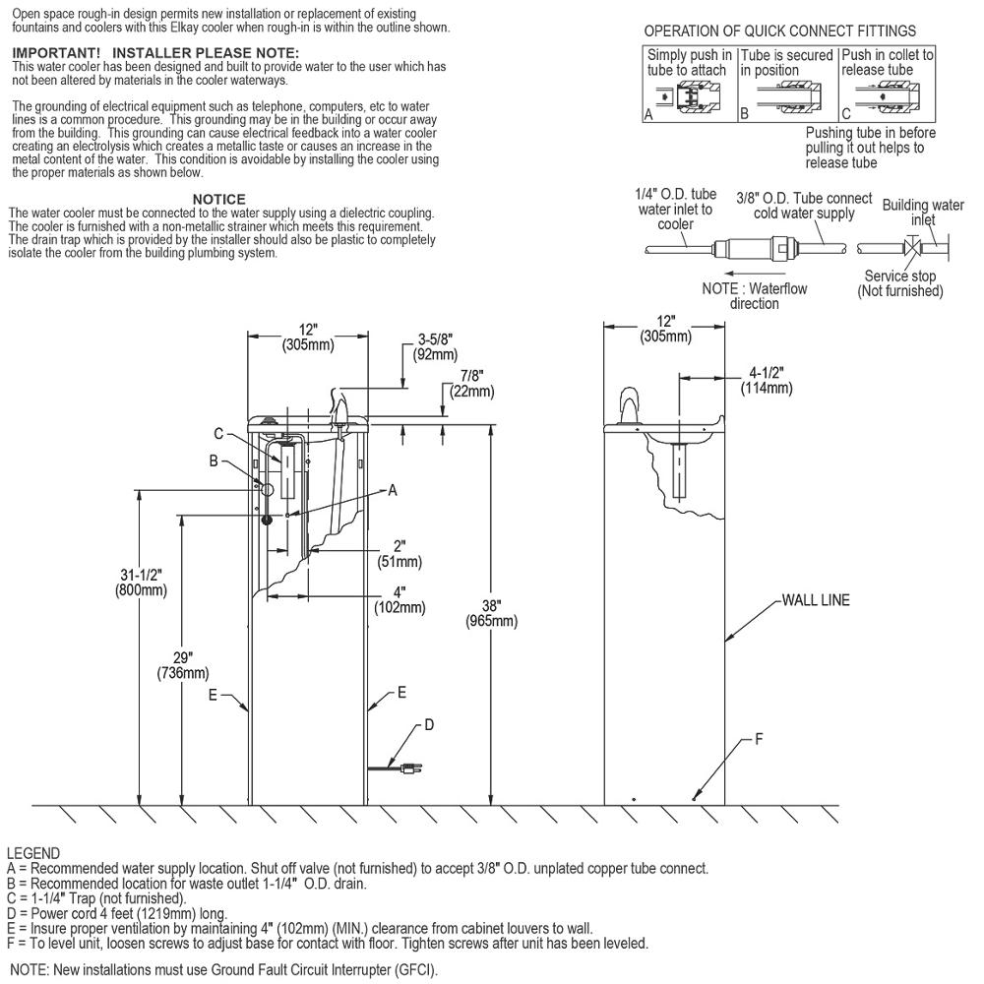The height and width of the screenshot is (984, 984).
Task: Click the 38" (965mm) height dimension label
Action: pos(491,614)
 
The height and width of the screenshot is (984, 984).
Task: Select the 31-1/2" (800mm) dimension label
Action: pos(141,583)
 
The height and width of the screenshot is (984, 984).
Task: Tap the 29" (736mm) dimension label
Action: pos(183,665)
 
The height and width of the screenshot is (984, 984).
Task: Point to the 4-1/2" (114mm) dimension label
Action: pos(767,380)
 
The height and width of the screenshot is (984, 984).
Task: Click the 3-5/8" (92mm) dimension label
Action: pos(435,347)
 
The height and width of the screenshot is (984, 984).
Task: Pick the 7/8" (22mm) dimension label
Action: pos(472,384)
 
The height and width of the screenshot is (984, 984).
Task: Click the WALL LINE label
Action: pos(815,600)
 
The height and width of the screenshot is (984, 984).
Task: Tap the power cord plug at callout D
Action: pos(411,768)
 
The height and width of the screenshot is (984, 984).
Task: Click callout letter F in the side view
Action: pos(759,739)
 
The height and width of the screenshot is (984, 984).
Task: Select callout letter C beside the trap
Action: pos(218,434)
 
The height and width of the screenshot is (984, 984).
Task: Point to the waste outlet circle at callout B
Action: pos(268,489)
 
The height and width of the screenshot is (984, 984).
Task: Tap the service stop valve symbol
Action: pos(912,247)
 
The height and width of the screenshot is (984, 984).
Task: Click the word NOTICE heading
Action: pos(219,199)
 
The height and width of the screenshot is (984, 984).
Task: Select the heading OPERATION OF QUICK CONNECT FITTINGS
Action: pos(780,31)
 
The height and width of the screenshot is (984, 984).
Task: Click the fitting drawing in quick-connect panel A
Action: pos(690,97)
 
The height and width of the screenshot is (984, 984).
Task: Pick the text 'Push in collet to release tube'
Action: pos(888,62)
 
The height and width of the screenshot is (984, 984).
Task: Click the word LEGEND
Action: pos(33,853)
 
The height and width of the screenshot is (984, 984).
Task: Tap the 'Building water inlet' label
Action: pos(923,213)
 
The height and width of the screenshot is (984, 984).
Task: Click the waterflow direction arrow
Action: pos(755,273)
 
